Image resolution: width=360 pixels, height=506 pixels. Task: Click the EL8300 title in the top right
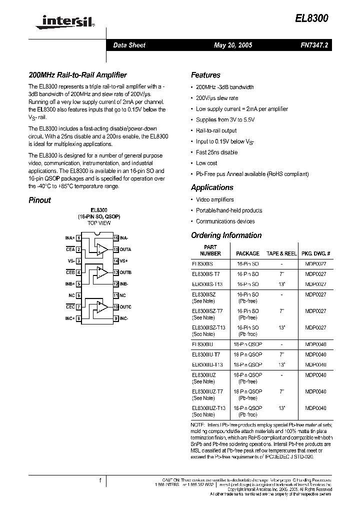point(312,19)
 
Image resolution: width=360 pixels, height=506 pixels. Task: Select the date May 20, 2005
point(232,45)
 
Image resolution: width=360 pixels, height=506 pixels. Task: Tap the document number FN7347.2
point(313,45)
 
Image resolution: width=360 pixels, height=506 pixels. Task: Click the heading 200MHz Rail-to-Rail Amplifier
point(77,75)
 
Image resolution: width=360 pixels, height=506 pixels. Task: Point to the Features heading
point(205,75)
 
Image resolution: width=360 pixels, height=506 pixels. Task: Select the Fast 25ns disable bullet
point(216,152)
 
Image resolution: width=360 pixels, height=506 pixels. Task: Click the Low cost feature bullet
point(206,163)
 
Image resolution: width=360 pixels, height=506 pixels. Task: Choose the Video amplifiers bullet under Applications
point(214,199)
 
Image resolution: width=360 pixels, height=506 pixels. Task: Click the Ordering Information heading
point(226,235)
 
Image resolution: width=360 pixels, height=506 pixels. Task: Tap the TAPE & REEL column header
point(282,253)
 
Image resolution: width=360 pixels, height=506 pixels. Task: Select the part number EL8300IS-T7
point(205,274)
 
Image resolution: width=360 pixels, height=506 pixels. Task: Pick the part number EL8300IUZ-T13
point(208,408)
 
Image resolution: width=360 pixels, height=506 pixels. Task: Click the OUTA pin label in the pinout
point(125,249)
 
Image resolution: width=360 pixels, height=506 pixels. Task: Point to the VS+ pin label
point(124,261)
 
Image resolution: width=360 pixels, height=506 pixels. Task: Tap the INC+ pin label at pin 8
point(69,318)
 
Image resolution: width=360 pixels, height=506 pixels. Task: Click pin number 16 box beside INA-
point(115,238)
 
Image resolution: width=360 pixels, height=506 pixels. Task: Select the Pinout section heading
point(39,200)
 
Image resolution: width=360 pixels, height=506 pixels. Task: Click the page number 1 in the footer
point(100,480)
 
